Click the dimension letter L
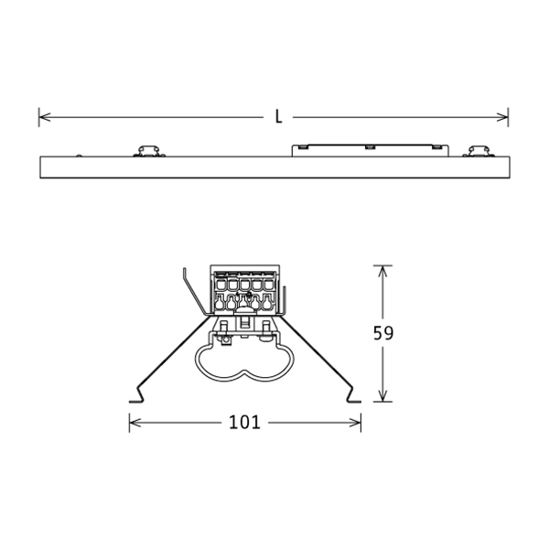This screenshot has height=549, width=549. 278,117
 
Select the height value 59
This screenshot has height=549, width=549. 383,333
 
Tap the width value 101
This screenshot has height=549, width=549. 244,422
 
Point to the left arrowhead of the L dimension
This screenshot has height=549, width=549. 45,117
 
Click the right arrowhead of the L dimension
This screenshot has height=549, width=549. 502,117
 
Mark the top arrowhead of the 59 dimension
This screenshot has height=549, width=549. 382,272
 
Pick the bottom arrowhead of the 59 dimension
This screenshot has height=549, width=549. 382,395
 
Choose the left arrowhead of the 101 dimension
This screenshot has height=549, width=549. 135,423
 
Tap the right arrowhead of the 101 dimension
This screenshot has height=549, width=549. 355,423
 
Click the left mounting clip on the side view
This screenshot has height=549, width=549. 149,152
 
